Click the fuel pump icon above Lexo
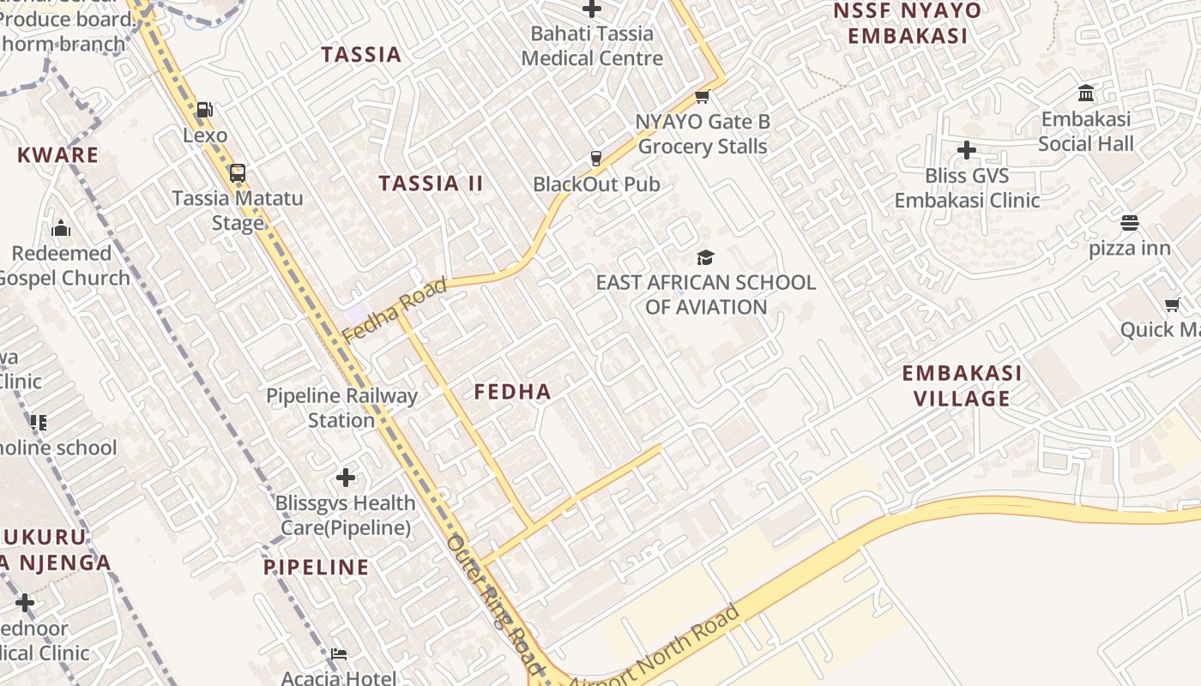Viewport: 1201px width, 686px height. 204,110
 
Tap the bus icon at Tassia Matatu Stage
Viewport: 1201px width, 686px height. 238,172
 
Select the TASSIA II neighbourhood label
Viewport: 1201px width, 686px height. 432,184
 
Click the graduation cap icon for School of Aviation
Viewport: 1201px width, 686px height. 705,256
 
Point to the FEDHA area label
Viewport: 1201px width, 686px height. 512,392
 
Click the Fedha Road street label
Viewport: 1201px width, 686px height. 395,310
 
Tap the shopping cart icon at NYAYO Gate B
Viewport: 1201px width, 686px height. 703,96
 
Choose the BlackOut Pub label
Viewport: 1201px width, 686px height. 596,184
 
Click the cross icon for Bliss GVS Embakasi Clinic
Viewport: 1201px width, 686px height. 967,150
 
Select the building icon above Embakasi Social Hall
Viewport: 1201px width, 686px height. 1086,93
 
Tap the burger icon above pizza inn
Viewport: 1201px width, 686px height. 1129,223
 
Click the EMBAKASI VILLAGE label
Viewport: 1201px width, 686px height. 962,386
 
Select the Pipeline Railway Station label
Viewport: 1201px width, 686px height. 341,408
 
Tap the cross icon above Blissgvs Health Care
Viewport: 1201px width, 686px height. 346,477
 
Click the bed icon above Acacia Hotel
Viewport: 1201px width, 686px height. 339,654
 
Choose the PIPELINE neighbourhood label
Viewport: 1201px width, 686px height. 316,567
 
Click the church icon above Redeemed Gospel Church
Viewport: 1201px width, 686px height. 61,228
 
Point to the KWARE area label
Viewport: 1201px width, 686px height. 58,155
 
